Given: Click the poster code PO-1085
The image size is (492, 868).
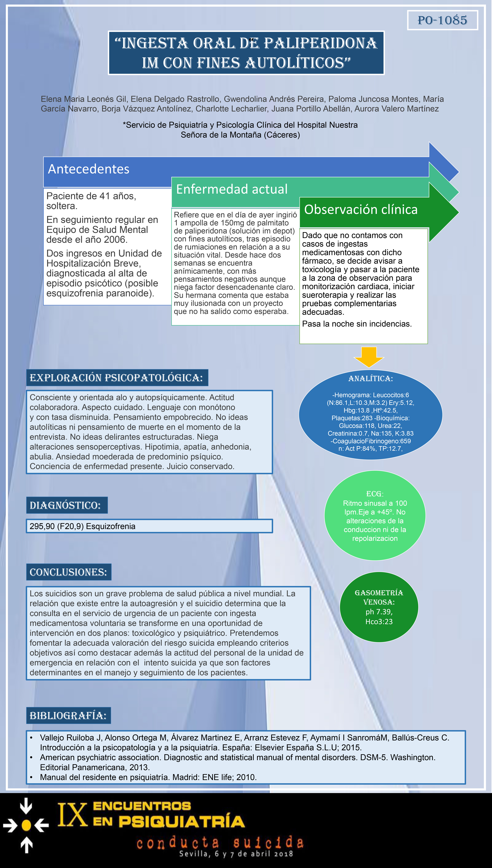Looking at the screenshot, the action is [442, 20].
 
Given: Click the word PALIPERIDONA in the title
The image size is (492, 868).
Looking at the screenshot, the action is [320, 43].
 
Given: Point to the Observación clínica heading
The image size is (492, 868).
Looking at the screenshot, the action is [361, 210].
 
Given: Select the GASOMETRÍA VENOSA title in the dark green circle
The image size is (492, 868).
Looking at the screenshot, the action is [379, 597].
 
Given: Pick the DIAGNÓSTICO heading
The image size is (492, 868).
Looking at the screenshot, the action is [65, 505].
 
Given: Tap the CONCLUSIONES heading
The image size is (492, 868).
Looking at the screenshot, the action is [68, 572].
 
